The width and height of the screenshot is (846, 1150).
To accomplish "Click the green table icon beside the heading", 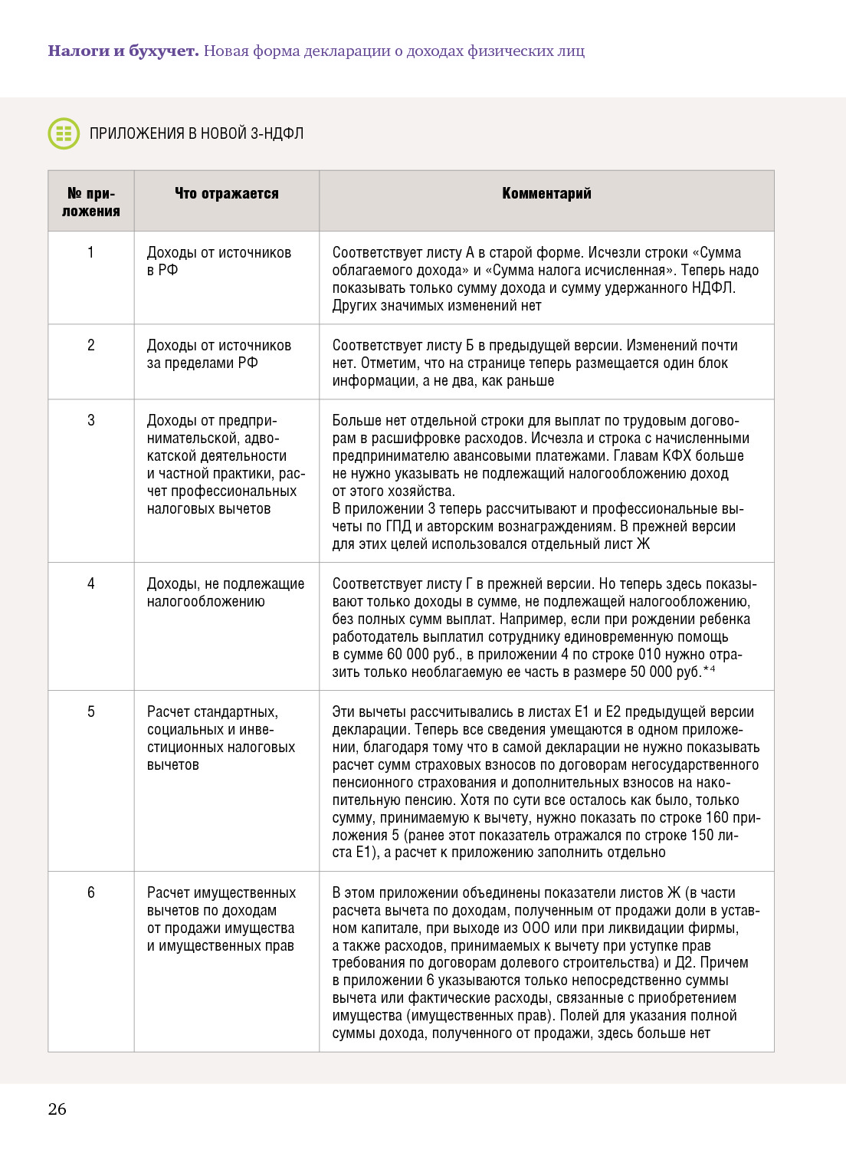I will point(64,133).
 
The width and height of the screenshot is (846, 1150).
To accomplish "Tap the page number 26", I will point(57,1109).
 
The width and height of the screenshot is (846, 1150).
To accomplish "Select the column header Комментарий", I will point(546,194).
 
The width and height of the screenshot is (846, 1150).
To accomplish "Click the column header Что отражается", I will point(226,194).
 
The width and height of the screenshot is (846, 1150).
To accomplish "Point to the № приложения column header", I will point(91,202).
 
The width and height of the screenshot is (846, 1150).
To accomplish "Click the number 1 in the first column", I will point(91,253).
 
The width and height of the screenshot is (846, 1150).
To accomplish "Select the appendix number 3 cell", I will point(91,420).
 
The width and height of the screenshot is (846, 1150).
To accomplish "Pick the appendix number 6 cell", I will point(91,892).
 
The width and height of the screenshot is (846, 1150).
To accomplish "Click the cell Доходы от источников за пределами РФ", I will point(219,354).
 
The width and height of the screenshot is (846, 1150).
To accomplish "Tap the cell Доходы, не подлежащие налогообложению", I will point(225,593).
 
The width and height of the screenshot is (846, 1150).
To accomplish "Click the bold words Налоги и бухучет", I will point(123,51).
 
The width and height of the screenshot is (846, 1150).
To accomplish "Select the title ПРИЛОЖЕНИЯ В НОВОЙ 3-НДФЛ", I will point(196,134).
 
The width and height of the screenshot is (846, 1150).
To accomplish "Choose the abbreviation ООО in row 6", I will point(536,928).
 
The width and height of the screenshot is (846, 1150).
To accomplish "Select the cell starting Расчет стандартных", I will point(221,738).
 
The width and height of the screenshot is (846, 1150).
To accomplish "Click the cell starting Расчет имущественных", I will point(221,919).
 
